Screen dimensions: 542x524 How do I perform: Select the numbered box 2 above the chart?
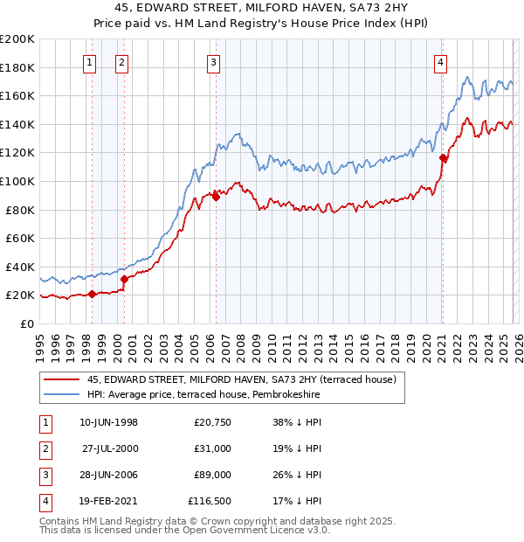[x=121, y=62]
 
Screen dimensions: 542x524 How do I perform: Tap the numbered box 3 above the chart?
[x=214, y=62]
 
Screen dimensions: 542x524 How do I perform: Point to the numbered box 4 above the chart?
[x=441, y=62]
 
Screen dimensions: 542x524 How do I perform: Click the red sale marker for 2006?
[x=216, y=198]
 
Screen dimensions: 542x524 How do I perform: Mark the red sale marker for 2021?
[x=443, y=158]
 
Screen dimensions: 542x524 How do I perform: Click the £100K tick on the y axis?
[x=17, y=181]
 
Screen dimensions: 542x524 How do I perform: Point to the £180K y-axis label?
[x=17, y=67]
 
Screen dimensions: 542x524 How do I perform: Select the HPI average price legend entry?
[x=203, y=395]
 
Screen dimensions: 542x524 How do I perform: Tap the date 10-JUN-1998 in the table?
[x=108, y=422]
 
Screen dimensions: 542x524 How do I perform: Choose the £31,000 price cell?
[x=213, y=448]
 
